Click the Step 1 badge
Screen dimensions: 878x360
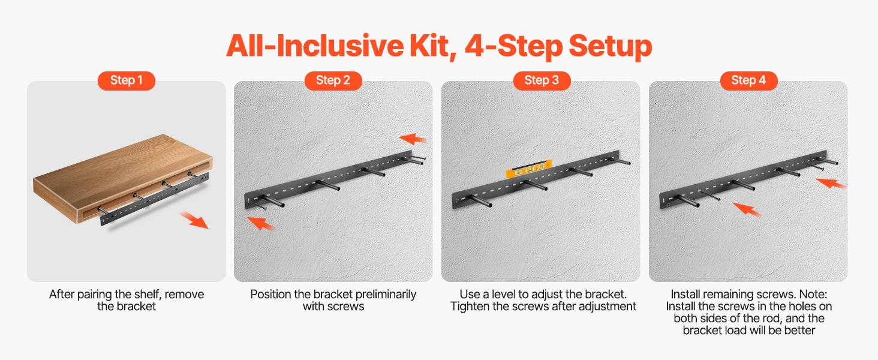point(126,81)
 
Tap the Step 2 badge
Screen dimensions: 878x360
point(333,81)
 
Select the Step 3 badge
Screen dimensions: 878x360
point(542,81)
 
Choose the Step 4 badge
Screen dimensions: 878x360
point(748,81)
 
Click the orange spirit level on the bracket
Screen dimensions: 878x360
point(529,169)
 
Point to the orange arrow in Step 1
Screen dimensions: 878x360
point(194,220)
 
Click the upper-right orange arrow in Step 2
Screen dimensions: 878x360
point(413,139)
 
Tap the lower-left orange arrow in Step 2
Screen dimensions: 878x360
point(261,224)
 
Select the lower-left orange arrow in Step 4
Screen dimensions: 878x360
point(747,209)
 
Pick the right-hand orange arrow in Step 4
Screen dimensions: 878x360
point(831,184)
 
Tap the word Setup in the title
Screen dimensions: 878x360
point(611,47)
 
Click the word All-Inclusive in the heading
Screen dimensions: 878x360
point(315,46)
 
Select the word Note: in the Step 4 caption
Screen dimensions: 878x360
point(813,294)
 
